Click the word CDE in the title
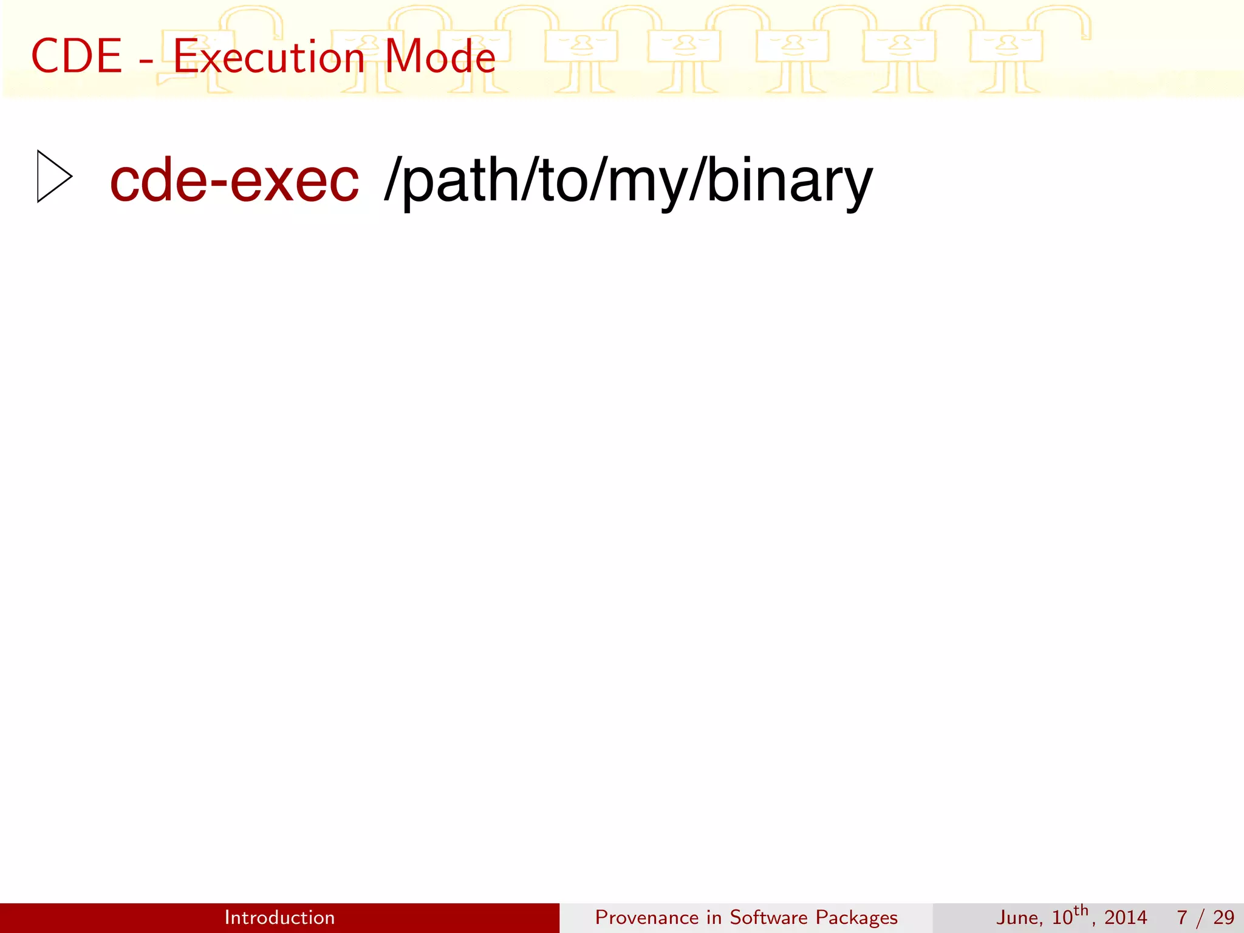pos(77,56)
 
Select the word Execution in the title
pos(269,56)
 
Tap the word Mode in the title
pos(440,56)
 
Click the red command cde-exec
pos(234,180)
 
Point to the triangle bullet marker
pos(54,176)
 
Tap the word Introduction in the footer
pos(279,917)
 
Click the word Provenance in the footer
pos(646,917)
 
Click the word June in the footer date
pos(1019,917)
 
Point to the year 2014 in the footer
pos(1126,917)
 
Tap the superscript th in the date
pos(1081,911)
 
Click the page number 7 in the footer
pos(1182,917)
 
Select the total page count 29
pos(1223,917)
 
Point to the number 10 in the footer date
pos(1062,917)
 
